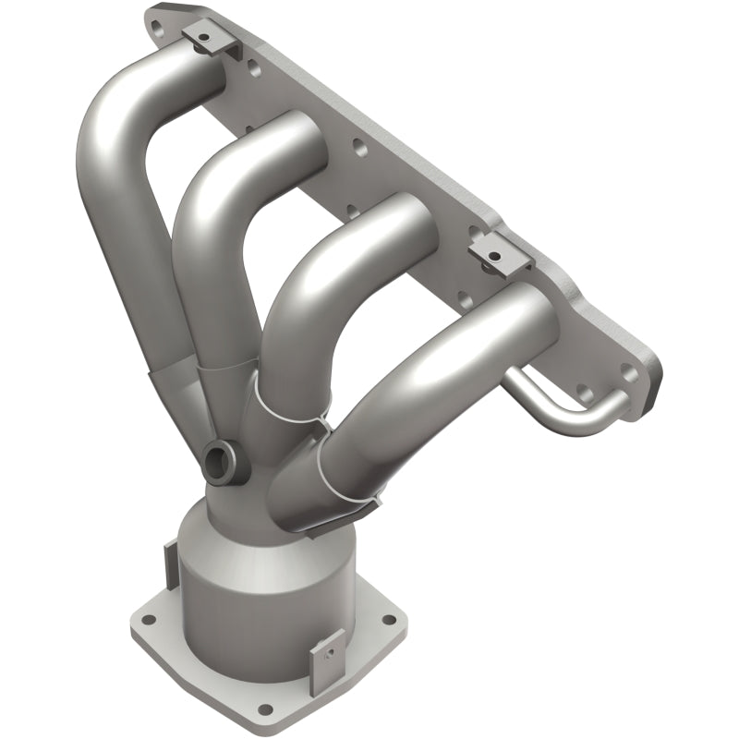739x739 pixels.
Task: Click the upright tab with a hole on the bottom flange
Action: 324,650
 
